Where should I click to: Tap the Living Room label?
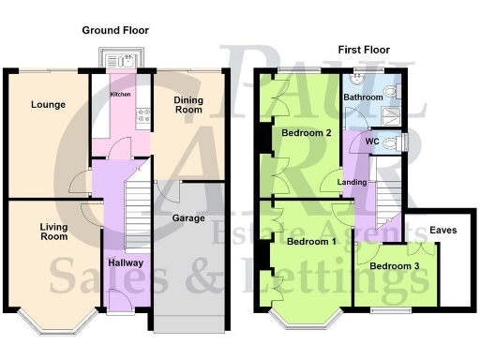[x=53, y=232]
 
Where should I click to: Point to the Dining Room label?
[x=188, y=103]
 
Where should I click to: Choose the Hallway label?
[x=126, y=262]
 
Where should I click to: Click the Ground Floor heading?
[x=115, y=30]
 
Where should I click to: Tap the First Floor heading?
[x=363, y=49]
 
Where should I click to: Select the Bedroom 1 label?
[x=311, y=241]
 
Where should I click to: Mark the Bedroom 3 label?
[x=394, y=266]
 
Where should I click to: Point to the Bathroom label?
[x=362, y=97]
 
